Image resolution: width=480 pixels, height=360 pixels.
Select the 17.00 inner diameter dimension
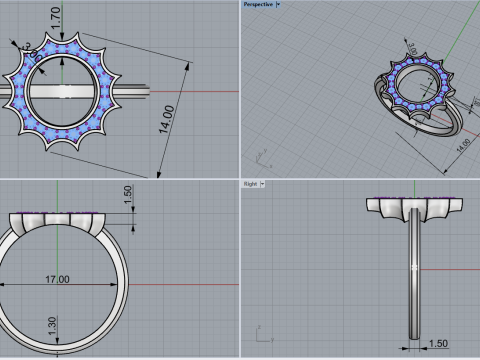point(57,280)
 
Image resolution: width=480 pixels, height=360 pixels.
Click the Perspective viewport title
point(258,4)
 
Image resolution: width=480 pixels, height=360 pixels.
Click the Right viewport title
point(251,184)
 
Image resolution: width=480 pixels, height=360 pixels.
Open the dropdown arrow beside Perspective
point(278,4)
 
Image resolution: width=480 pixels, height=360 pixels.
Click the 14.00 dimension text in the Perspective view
point(463,144)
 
